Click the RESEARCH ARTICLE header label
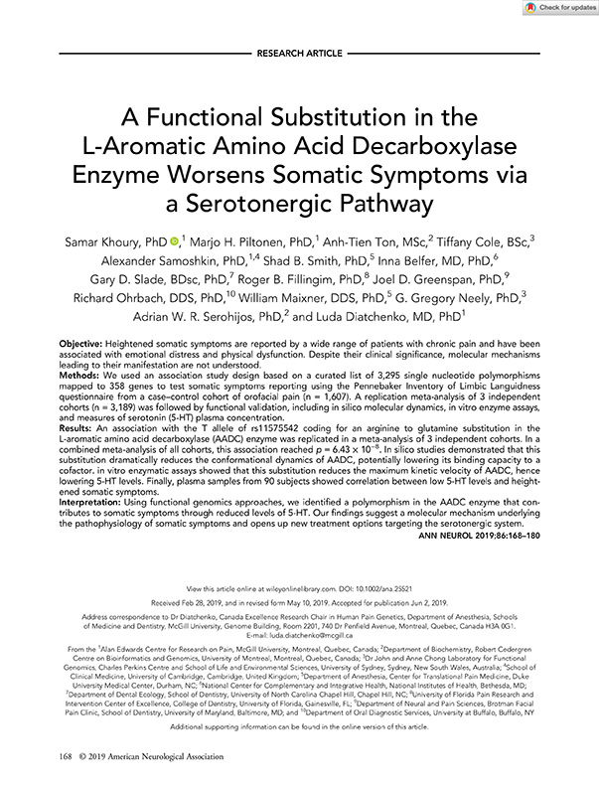pyautogui.click(x=299, y=49)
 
